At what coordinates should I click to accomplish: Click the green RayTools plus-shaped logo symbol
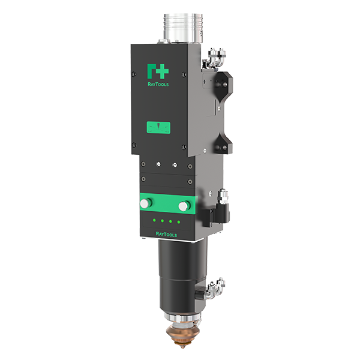(158, 71)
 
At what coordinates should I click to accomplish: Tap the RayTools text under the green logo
(158, 84)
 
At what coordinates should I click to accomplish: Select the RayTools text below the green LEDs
(166, 235)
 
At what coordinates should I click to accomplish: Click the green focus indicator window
(158, 128)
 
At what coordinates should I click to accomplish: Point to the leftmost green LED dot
(155, 220)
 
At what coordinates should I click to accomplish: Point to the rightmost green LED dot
(179, 222)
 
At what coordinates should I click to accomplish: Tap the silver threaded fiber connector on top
(183, 29)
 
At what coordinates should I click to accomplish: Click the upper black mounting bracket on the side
(222, 86)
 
